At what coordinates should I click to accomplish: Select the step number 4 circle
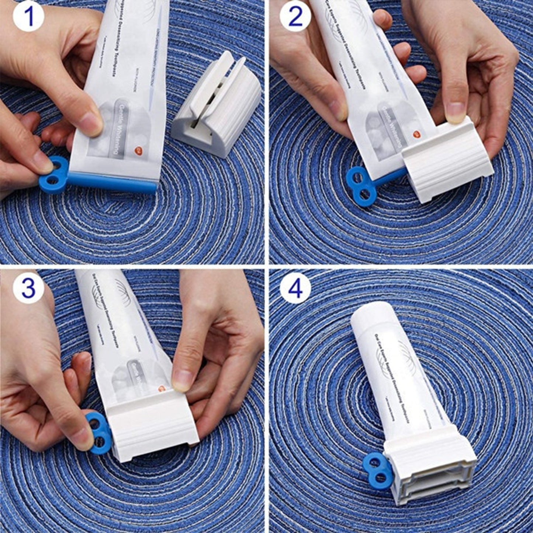tap(295, 289)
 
